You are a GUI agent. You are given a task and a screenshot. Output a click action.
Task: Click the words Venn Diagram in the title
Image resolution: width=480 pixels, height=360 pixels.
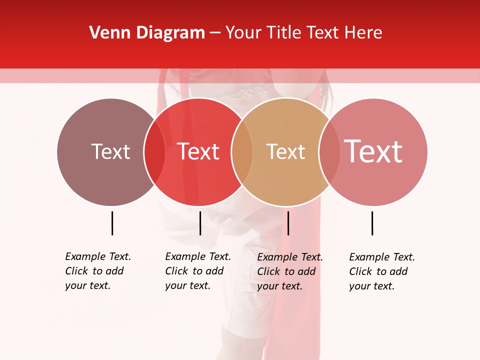(147, 33)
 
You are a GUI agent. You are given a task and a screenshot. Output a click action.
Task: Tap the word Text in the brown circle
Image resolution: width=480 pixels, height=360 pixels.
(110, 151)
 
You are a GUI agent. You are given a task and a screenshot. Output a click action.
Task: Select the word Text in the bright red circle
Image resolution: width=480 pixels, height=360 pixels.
(198, 151)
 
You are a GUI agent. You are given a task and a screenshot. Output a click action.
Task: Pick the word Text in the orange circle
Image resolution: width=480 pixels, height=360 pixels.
(285, 151)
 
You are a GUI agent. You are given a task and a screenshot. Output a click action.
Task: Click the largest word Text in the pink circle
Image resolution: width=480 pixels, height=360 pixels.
(373, 151)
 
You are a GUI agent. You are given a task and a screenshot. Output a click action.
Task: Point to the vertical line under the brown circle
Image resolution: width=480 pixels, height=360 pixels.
(112, 223)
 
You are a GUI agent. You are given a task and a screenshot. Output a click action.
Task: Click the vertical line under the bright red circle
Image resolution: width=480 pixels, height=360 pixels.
(200, 223)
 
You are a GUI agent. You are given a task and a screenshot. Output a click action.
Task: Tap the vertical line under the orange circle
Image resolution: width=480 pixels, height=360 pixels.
(288, 223)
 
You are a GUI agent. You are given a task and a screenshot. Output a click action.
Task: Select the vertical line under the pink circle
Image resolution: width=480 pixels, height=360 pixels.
(372, 223)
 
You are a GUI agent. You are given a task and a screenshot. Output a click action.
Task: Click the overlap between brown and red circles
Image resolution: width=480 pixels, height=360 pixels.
(154, 151)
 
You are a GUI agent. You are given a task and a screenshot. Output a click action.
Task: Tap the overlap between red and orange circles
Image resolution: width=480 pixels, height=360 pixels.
(242, 151)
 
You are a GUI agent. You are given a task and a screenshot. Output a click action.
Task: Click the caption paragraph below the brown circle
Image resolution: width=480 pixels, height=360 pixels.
(98, 271)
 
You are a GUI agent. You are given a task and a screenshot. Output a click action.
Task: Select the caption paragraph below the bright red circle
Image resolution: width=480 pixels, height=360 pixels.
(198, 271)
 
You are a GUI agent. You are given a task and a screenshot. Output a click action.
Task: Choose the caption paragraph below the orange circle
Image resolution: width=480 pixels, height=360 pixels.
(290, 271)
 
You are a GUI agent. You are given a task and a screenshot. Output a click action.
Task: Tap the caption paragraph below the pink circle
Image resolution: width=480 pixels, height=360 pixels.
(382, 271)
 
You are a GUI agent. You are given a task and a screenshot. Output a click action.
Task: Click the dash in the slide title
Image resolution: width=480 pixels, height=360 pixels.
(215, 33)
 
